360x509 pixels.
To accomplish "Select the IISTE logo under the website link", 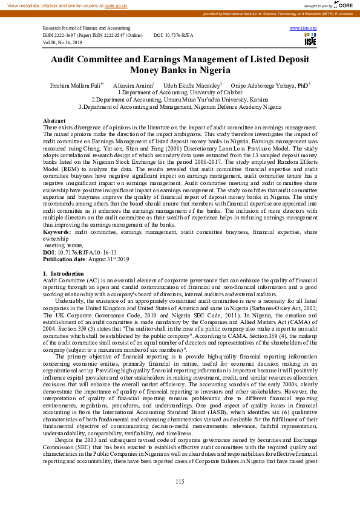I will [x=311, y=39].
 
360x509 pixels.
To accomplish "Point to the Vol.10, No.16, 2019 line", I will [x=62, y=42].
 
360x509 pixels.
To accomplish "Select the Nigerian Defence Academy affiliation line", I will [x=180, y=106].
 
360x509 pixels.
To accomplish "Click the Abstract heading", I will [x=54, y=121].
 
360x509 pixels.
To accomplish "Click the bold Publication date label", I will [x=67, y=259].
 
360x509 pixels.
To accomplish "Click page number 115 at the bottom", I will [x=180, y=481].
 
